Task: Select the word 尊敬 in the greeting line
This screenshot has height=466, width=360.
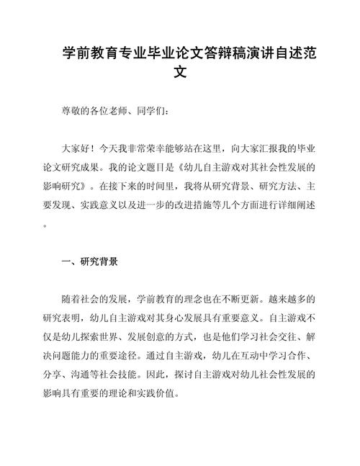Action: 71,112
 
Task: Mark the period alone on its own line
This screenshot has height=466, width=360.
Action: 46,224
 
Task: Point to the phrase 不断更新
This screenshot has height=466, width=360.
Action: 245,299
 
